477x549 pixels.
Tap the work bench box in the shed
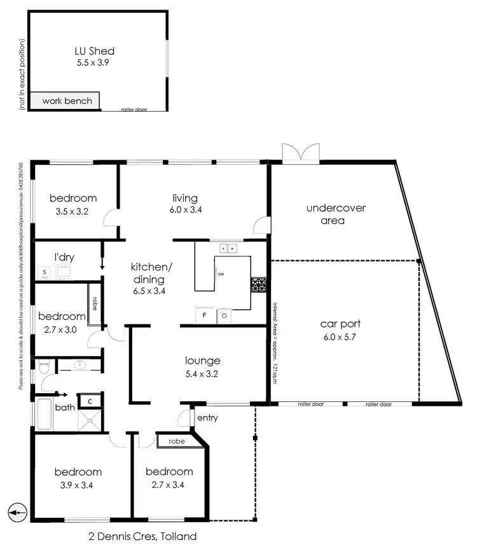67,101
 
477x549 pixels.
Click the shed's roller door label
134,109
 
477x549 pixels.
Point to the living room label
185,198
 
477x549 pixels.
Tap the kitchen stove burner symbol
258,285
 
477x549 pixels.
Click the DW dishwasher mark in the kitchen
220,274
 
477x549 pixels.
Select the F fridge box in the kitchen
204,315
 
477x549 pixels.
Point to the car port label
336,324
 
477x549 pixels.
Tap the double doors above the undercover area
299,154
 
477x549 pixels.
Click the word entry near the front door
207,418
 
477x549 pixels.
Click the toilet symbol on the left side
43,367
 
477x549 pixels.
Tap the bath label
64,407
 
